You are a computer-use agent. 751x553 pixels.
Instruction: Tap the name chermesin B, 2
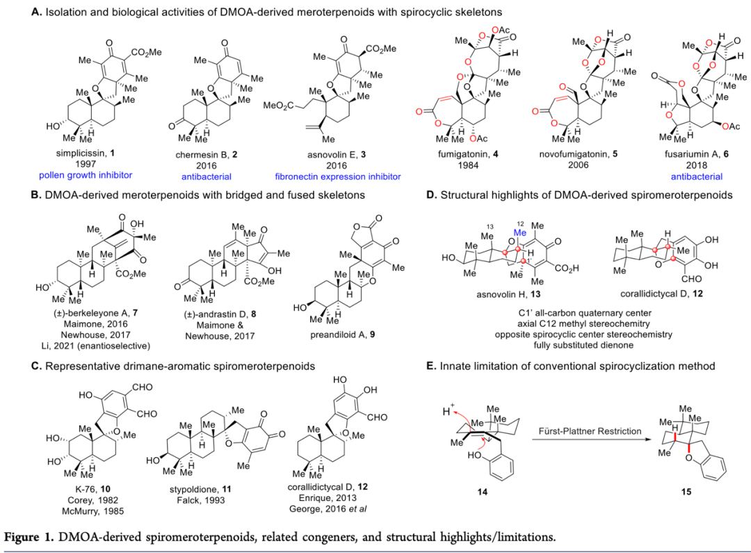pos(197,151)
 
